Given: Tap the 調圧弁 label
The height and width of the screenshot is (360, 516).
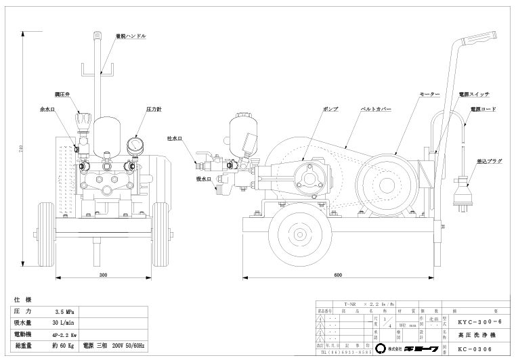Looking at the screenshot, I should coord(63,96).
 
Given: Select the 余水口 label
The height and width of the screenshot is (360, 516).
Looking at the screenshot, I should coord(47,108).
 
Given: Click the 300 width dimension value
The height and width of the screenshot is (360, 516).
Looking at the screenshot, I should coord(102,276).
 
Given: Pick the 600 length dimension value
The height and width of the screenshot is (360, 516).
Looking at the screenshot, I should coord(337,276).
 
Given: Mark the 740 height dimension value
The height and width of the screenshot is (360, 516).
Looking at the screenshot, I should coord(21,148).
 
